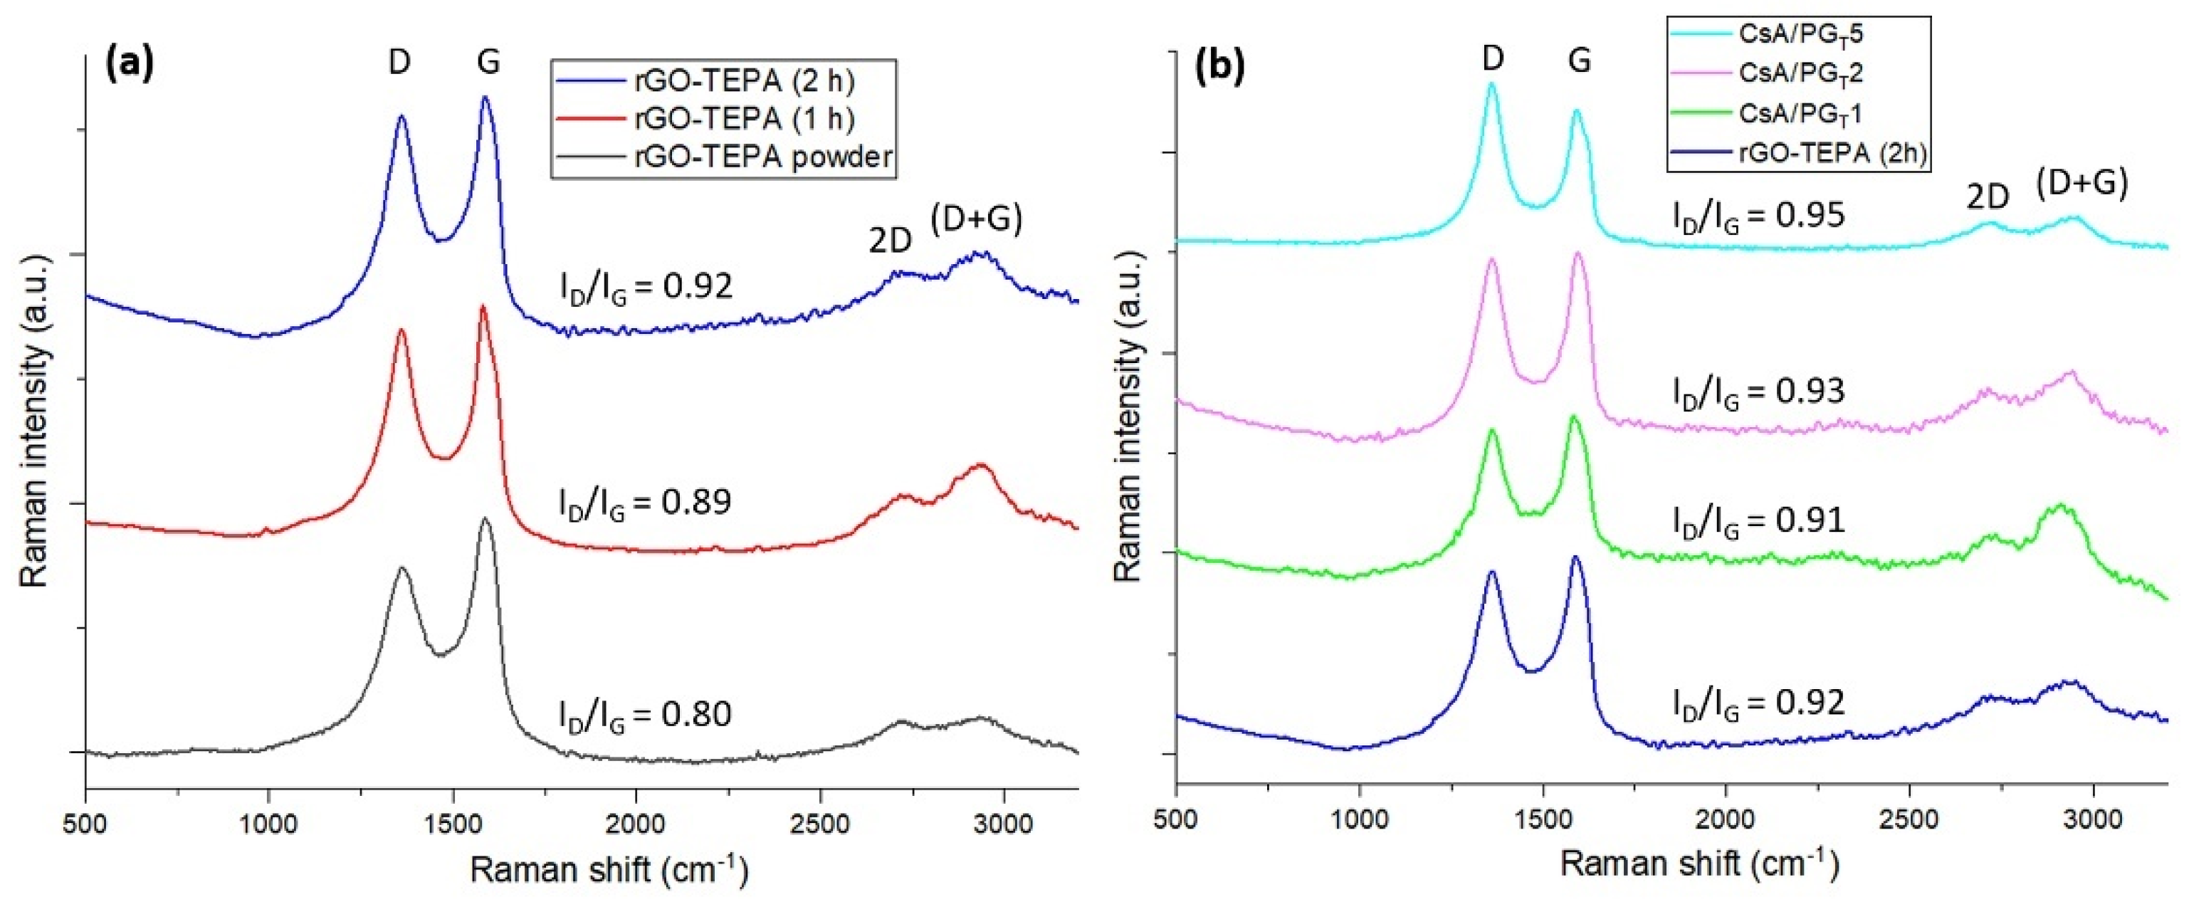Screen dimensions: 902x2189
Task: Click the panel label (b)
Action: [x=1219, y=66]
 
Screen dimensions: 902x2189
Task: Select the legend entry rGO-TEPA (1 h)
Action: [x=743, y=119]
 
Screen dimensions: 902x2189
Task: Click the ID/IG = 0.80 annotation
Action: [x=645, y=715]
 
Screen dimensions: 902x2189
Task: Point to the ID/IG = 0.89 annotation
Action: [x=645, y=503]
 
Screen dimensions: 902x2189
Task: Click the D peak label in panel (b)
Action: [x=1492, y=58]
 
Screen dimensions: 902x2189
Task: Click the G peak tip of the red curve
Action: [x=483, y=307]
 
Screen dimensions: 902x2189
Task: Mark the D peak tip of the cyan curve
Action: [x=1491, y=84]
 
